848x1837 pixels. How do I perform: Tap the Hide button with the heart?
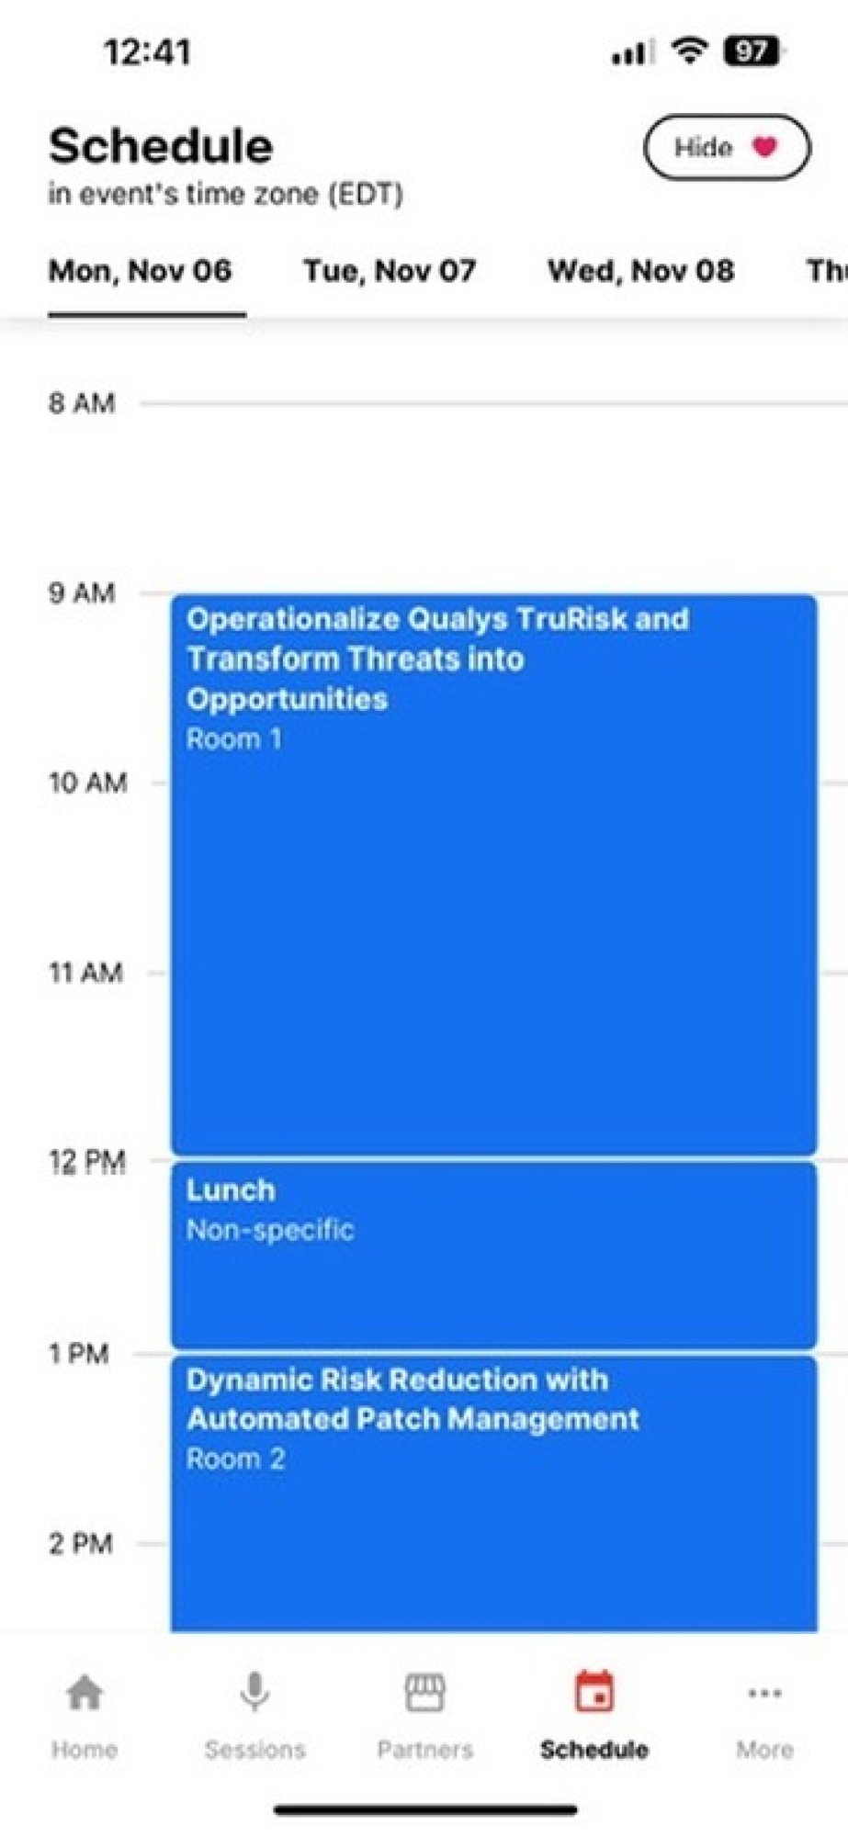point(727,147)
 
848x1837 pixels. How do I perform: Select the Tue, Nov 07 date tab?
point(390,271)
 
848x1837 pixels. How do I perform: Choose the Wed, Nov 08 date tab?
point(640,271)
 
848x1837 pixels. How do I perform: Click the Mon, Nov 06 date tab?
point(140,271)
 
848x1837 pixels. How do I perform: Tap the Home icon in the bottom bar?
point(85,1692)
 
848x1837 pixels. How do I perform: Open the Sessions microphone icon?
point(254,1692)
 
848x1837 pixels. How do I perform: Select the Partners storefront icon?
point(424,1692)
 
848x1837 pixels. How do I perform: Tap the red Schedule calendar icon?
point(594,1692)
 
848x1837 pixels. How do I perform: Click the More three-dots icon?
point(764,1693)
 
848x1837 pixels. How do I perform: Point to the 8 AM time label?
point(82,403)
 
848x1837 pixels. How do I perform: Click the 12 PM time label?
point(87,1163)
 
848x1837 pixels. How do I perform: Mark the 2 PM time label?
point(81,1543)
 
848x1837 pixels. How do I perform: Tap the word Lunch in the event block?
point(231,1190)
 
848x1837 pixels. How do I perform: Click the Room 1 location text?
point(234,739)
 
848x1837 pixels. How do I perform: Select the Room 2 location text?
point(235,1459)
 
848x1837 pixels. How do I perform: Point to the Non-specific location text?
point(270,1230)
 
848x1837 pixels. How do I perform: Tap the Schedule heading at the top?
point(161,147)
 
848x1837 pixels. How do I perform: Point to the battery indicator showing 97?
point(752,51)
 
